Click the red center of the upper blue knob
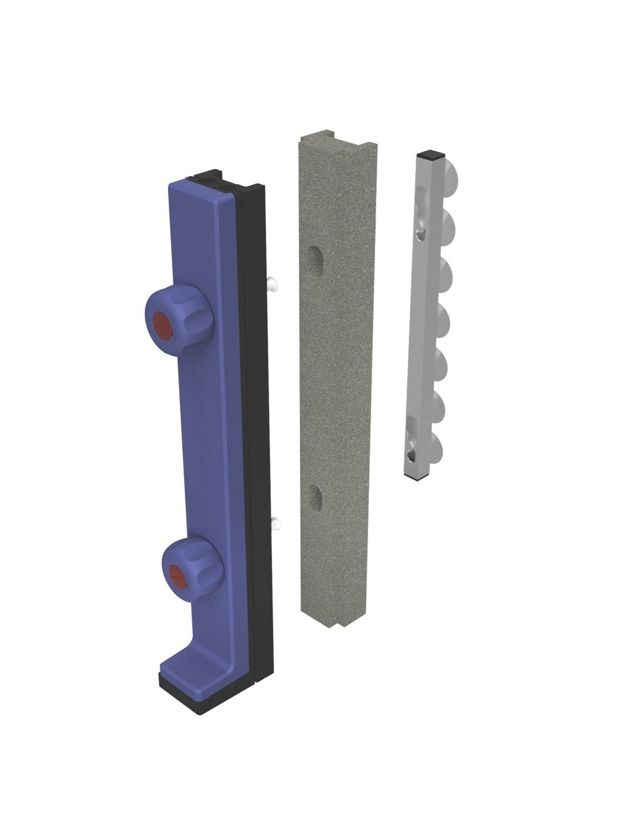click(x=163, y=324)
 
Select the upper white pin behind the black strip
click(x=273, y=283)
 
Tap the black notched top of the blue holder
click(x=225, y=179)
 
